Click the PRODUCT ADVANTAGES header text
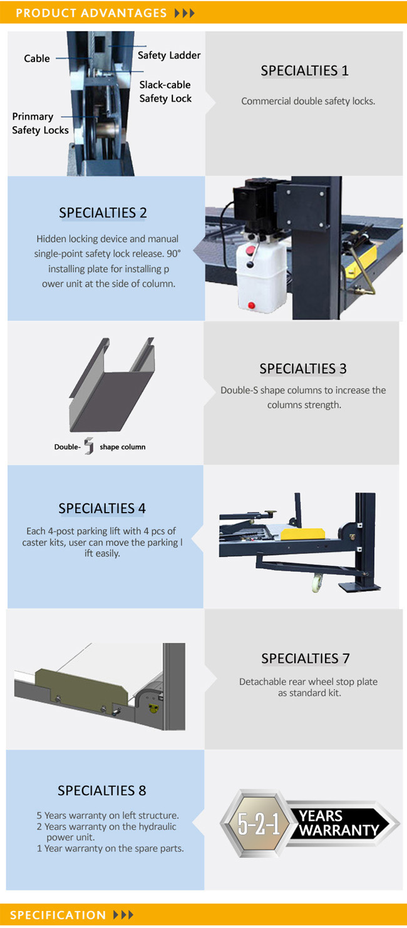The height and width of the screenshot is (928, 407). [x=91, y=13]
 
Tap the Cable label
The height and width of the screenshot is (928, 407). [x=37, y=58]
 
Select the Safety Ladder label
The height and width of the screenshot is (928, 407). [x=169, y=55]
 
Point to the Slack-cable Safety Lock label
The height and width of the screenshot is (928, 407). [x=165, y=91]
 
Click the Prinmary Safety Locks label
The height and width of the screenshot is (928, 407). [x=40, y=123]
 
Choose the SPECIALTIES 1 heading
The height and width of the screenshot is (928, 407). [x=304, y=71]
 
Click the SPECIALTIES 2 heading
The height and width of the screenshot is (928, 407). [x=103, y=213]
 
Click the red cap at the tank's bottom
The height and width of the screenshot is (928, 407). [x=251, y=305]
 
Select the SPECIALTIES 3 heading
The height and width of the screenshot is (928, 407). [x=303, y=368]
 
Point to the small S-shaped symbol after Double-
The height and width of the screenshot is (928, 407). [x=89, y=446]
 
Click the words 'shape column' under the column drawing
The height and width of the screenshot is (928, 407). [x=123, y=447]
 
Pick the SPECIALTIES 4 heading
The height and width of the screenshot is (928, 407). [x=102, y=508]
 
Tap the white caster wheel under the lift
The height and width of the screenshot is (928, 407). [x=317, y=581]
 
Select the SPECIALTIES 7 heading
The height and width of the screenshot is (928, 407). [x=305, y=659]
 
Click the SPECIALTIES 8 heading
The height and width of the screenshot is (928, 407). [x=102, y=790]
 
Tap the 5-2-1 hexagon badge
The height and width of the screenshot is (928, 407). [x=258, y=823]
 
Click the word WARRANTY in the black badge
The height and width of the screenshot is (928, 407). [x=339, y=830]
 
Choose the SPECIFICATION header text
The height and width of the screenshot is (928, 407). [x=58, y=915]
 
